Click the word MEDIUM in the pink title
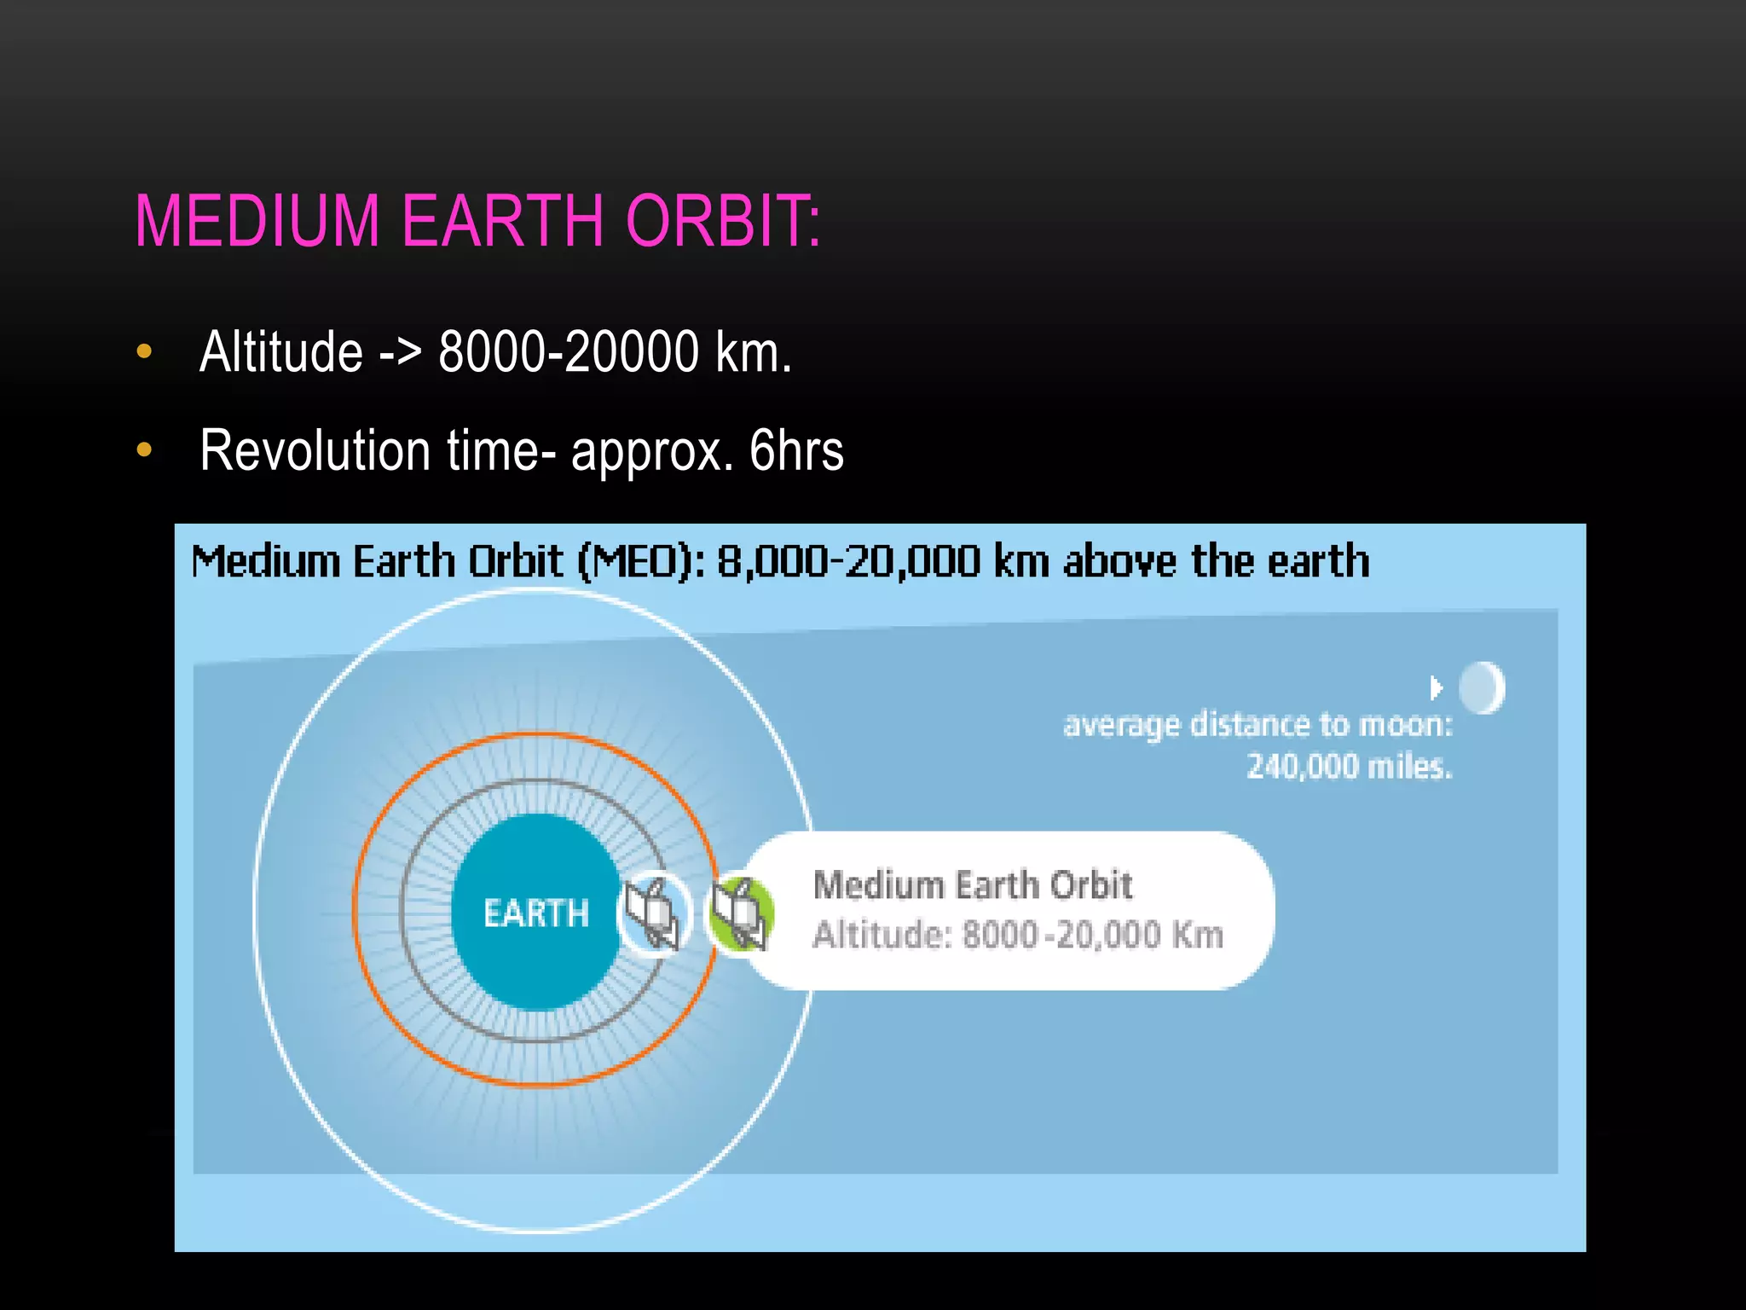tap(257, 221)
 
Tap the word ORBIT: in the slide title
tap(723, 221)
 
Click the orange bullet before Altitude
tap(144, 351)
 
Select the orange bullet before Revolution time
tap(144, 449)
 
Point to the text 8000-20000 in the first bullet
tap(569, 351)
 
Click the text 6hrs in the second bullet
tap(796, 450)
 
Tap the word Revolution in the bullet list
tap(315, 450)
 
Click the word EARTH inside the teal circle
tap(535, 913)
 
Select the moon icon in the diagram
tap(1482, 687)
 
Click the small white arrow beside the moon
tap(1437, 687)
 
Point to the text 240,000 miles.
tap(1349, 766)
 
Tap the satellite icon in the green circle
tap(740, 913)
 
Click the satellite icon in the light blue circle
tap(654, 913)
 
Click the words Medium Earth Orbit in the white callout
tap(972, 885)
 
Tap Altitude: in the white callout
tap(882, 935)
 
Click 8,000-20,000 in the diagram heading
tap(848, 562)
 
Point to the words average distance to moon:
tap(1257, 724)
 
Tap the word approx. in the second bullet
tap(651, 450)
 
